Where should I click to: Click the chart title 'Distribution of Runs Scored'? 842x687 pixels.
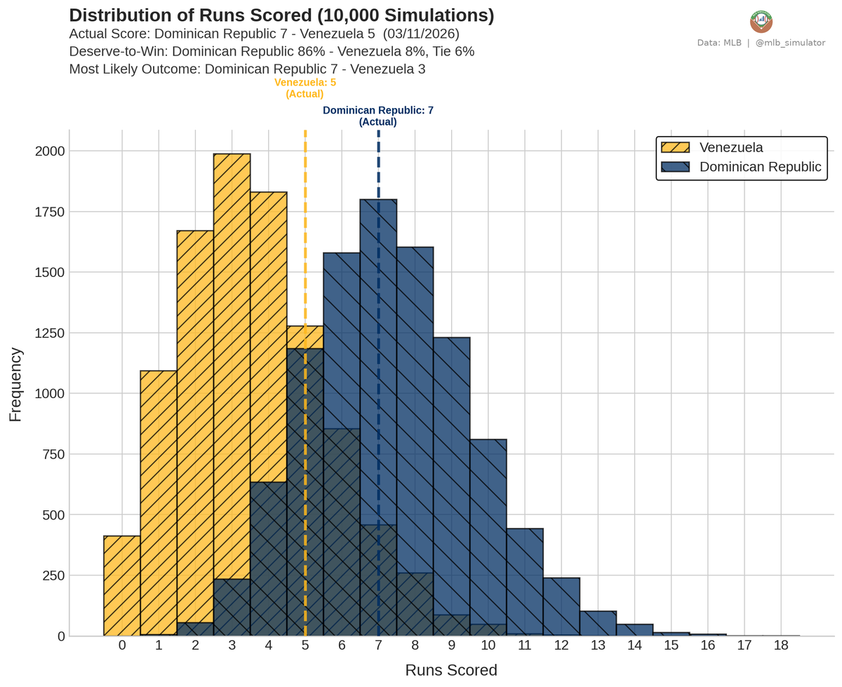click(x=281, y=16)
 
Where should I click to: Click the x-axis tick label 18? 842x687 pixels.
click(x=780, y=646)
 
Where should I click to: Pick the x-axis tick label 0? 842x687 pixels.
click(x=122, y=646)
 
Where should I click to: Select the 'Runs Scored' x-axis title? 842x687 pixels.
click(x=451, y=670)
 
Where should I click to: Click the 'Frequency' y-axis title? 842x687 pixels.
click(x=15, y=384)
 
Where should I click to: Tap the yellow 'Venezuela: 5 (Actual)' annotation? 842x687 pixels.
click(x=305, y=88)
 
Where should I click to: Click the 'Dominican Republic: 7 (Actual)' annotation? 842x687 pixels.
click(x=377, y=116)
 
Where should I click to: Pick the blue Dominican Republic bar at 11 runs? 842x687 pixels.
click(x=524, y=582)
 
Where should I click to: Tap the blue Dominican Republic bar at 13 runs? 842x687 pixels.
click(x=598, y=623)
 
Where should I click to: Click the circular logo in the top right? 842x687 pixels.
click(x=761, y=22)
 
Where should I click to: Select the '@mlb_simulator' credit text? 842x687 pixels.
click(x=790, y=43)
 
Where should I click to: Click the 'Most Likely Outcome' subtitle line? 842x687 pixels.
click(x=247, y=69)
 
